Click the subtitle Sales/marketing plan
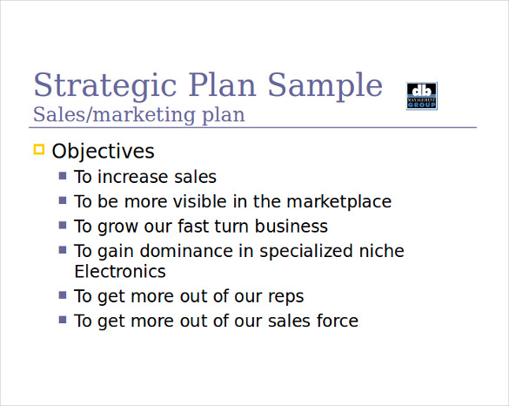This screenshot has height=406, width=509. point(138,114)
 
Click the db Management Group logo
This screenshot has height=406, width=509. point(422,96)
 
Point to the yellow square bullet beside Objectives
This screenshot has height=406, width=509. point(38,150)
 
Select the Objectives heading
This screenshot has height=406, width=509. point(103,151)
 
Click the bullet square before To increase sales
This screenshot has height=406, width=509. point(63,176)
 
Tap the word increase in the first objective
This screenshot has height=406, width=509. point(129,177)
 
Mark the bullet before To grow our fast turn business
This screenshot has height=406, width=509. point(63,225)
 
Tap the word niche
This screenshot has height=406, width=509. point(382,251)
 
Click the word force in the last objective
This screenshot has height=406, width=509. point(335,321)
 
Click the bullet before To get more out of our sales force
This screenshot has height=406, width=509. point(63,320)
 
